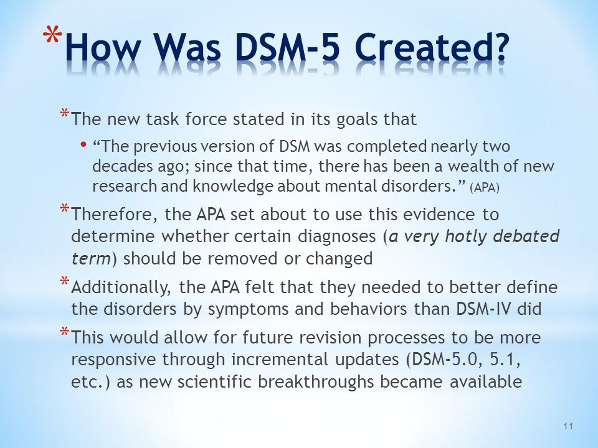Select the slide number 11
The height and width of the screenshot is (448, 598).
[568, 426]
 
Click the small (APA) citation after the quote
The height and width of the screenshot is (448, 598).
[485, 188]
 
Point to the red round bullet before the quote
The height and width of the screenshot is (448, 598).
[83, 145]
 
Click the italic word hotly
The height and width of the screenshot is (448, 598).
[465, 236]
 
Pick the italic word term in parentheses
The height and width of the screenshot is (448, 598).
[91, 259]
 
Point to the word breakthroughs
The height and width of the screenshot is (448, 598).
[315, 381]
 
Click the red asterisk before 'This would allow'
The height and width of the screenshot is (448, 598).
[64, 331]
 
